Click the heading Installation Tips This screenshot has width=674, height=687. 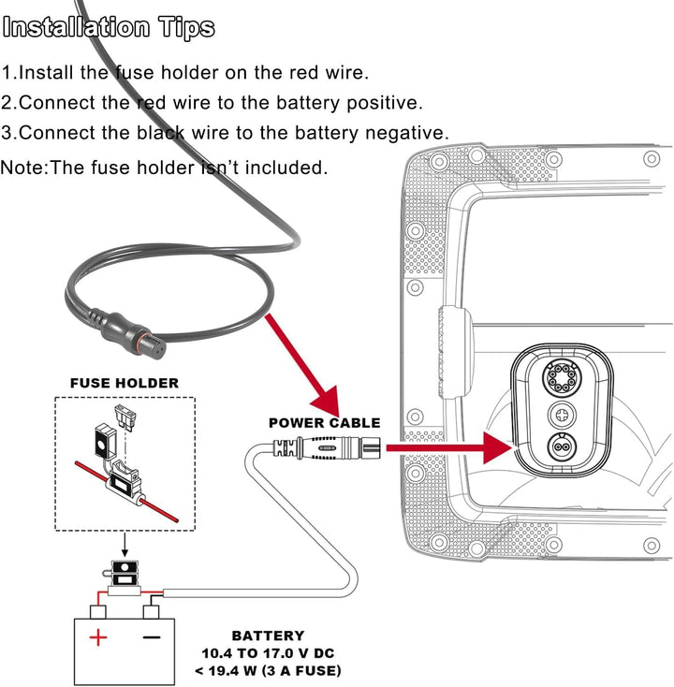(x=110, y=28)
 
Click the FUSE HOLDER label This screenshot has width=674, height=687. (x=125, y=383)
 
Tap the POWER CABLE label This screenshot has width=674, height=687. (x=323, y=423)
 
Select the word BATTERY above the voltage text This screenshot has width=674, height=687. (x=268, y=636)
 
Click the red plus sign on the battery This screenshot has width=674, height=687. (x=97, y=638)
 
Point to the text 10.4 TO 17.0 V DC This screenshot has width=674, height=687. (x=269, y=653)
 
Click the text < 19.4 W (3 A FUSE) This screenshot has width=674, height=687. (x=269, y=670)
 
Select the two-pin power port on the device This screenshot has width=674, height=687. (x=564, y=447)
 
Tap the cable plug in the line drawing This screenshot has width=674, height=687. (x=317, y=449)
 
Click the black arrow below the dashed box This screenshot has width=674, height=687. (x=125, y=546)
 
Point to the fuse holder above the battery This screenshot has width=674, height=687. (x=124, y=581)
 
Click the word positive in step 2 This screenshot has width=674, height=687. (x=387, y=103)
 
